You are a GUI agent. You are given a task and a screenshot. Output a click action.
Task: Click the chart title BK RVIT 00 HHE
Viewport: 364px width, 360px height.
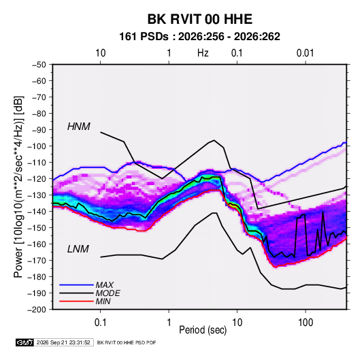click(x=199, y=19)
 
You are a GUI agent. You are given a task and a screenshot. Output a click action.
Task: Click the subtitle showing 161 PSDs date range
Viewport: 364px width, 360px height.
click(x=199, y=37)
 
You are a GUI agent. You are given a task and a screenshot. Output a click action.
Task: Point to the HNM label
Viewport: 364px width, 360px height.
click(x=79, y=127)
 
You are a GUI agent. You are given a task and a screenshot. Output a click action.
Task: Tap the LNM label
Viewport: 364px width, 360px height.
click(x=78, y=249)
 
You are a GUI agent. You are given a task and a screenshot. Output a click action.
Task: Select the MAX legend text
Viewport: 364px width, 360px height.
click(x=105, y=285)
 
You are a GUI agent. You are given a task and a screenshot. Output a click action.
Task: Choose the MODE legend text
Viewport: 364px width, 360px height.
click(x=107, y=293)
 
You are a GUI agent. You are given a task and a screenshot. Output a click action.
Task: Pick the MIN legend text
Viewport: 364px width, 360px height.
click(x=103, y=301)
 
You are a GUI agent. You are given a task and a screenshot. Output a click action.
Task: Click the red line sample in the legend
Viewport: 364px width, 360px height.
click(x=76, y=301)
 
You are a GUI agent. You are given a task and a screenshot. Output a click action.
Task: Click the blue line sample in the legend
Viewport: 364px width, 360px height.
click(x=76, y=285)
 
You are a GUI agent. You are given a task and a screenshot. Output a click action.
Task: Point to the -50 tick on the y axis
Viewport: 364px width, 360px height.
click(x=39, y=65)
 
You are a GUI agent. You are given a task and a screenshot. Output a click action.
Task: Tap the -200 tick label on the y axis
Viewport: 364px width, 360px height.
click(x=37, y=310)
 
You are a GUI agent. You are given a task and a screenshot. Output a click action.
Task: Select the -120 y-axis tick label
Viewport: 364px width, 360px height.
click(x=37, y=179)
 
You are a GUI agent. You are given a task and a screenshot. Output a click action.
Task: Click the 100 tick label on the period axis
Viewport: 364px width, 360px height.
click(x=305, y=323)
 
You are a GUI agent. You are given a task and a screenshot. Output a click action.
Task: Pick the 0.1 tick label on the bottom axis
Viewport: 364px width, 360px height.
click(x=100, y=323)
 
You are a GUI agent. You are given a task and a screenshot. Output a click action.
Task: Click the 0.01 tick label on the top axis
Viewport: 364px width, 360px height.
click(x=305, y=53)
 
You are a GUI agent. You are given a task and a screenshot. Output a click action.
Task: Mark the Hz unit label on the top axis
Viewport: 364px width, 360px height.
click(x=203, y=53)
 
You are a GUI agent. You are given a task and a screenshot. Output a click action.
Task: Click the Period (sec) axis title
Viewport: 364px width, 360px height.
click(x=203, y=330)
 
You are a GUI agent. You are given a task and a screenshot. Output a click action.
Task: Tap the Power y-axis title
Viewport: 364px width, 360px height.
click(x=18, y=186)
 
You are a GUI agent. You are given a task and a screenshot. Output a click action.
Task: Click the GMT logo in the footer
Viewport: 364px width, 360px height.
click(x=24, y=342)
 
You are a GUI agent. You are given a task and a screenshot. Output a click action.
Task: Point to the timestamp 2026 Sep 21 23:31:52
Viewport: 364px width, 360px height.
click(x=63, y=342)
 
